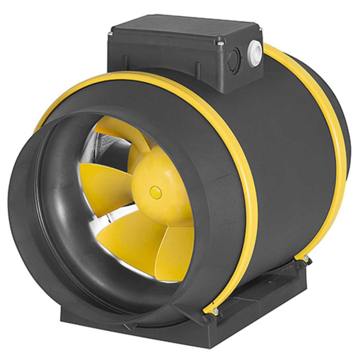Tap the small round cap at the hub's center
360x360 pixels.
[156, 192]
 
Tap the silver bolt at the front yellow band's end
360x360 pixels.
[215, 310]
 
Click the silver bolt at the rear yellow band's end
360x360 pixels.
[306, 258]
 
